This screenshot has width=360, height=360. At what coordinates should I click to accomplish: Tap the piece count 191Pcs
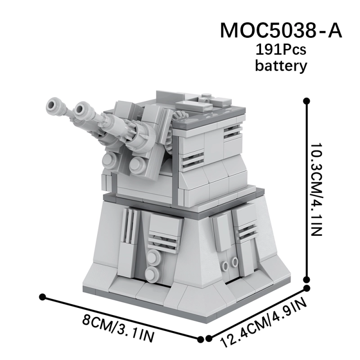(x=281, y=49)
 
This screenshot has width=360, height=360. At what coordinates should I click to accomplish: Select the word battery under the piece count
(x=281, y=66)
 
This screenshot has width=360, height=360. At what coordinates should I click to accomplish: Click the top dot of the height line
(x=307, y=101)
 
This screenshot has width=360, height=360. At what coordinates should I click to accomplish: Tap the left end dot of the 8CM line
(x=43, y=297)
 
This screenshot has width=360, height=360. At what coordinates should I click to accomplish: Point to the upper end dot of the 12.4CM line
(x=308, y=288)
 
